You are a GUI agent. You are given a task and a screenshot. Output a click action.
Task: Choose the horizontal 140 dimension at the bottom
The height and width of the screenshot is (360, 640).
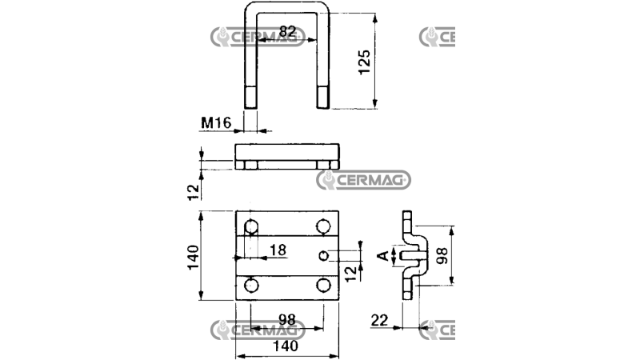(286, 346)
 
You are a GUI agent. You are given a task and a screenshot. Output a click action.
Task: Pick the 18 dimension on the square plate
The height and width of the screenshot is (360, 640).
(277, 250)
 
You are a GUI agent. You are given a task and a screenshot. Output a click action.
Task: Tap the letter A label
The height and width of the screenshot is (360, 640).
(382, 256)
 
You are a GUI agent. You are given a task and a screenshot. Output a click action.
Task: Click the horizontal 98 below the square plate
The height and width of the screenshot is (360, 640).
(286, 319)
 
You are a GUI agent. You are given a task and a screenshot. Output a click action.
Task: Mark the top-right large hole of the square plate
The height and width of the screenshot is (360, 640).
(323, 226)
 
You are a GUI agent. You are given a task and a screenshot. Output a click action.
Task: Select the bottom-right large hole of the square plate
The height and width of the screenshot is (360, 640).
(323, 286)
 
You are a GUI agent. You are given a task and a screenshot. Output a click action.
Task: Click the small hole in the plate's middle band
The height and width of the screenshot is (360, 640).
(322, 256)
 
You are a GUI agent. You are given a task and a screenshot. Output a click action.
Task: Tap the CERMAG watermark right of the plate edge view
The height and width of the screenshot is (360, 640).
(364, 180)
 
